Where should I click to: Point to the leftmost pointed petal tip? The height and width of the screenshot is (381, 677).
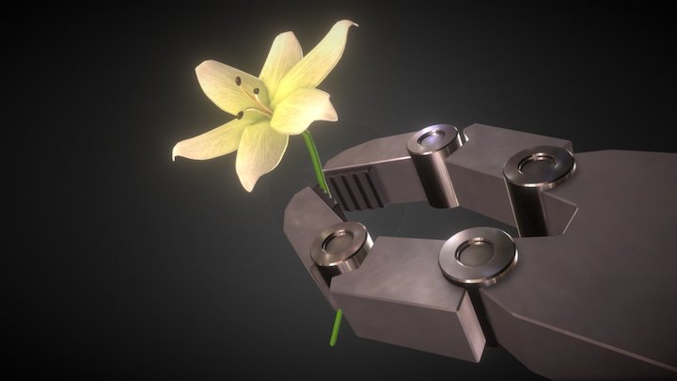coord(176,154)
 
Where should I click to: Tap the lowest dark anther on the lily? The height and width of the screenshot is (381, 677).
coord(241,115)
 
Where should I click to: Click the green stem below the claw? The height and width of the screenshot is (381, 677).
coord(337,327)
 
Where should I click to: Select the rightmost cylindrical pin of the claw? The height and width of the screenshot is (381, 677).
coord(539,167)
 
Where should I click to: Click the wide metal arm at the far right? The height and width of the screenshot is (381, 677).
coord(611,263)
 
